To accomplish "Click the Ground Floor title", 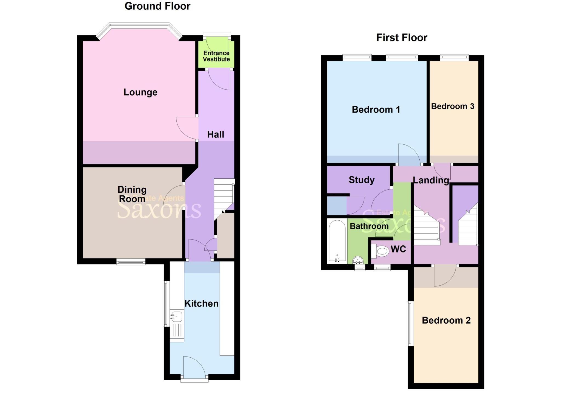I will click(157, 6).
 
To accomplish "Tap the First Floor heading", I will click(402, 38).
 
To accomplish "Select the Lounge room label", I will click(140, 92).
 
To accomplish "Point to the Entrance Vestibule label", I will click(216, 56).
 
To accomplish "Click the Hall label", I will click(216, 134).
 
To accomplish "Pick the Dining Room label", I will click(132, 194).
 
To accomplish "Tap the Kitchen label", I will click(201, 304).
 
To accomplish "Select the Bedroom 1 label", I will click(376, 110).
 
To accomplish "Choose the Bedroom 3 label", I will click(453, 106).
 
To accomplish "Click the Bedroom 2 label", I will click(446, 320).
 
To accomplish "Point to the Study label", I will click(362, 180).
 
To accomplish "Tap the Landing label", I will click(431, 180).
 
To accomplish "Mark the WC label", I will click(398, 249).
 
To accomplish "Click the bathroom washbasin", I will click(358, 259).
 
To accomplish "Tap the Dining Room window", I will click(131, 262).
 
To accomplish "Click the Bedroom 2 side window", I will click(410, 323).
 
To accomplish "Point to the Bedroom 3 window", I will click(454, 57).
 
